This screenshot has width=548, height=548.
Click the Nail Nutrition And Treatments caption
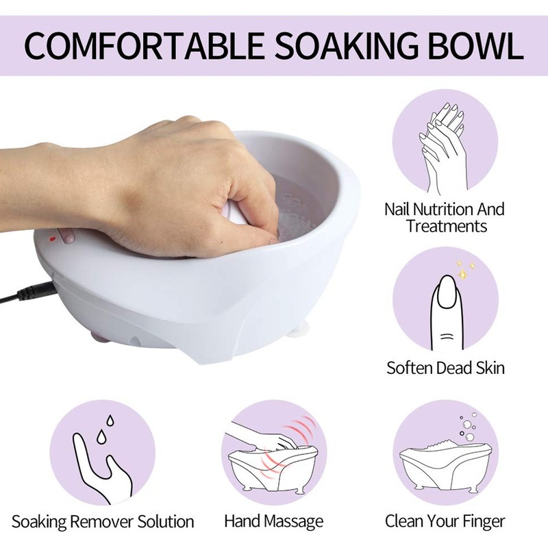(444, 217)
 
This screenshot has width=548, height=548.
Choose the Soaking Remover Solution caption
(103, 521)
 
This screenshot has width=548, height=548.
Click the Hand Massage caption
(274, 521)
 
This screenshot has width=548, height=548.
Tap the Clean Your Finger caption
(445, 521)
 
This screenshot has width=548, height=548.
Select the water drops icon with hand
(103, 452)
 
